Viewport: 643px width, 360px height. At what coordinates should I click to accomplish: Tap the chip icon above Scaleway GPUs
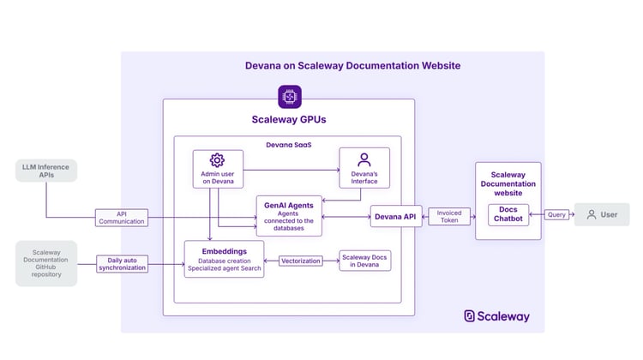click(289, 97)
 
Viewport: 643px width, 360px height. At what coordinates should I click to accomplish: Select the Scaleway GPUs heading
click(288, 120)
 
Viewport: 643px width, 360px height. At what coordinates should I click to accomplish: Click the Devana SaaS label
click(287, 145)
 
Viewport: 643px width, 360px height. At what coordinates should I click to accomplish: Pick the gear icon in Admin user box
click(217, 160)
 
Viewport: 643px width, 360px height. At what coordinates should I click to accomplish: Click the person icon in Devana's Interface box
click(364, 159)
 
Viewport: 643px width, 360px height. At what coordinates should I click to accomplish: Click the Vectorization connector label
click(301, 261)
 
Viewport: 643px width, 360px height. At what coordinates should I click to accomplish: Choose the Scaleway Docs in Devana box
click(365, 261)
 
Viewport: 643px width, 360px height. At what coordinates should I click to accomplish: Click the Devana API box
click(395, 217)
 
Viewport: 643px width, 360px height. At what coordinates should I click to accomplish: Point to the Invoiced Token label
click(450, 217)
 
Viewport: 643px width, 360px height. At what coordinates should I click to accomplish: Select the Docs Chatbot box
click(508, 215)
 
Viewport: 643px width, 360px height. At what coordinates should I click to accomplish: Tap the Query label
click(556, 214)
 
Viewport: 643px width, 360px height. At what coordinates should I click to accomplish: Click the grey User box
click(602, 214)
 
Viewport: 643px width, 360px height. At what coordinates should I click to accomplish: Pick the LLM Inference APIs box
click(45, 171)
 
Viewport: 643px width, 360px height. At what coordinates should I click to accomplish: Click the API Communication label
click(121, 217)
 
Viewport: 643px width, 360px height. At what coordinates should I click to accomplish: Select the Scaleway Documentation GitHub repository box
click(46, 263)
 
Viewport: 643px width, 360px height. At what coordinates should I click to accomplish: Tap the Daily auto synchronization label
click(121, 262)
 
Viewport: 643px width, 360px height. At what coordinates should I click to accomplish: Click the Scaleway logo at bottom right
click(497, 315)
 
